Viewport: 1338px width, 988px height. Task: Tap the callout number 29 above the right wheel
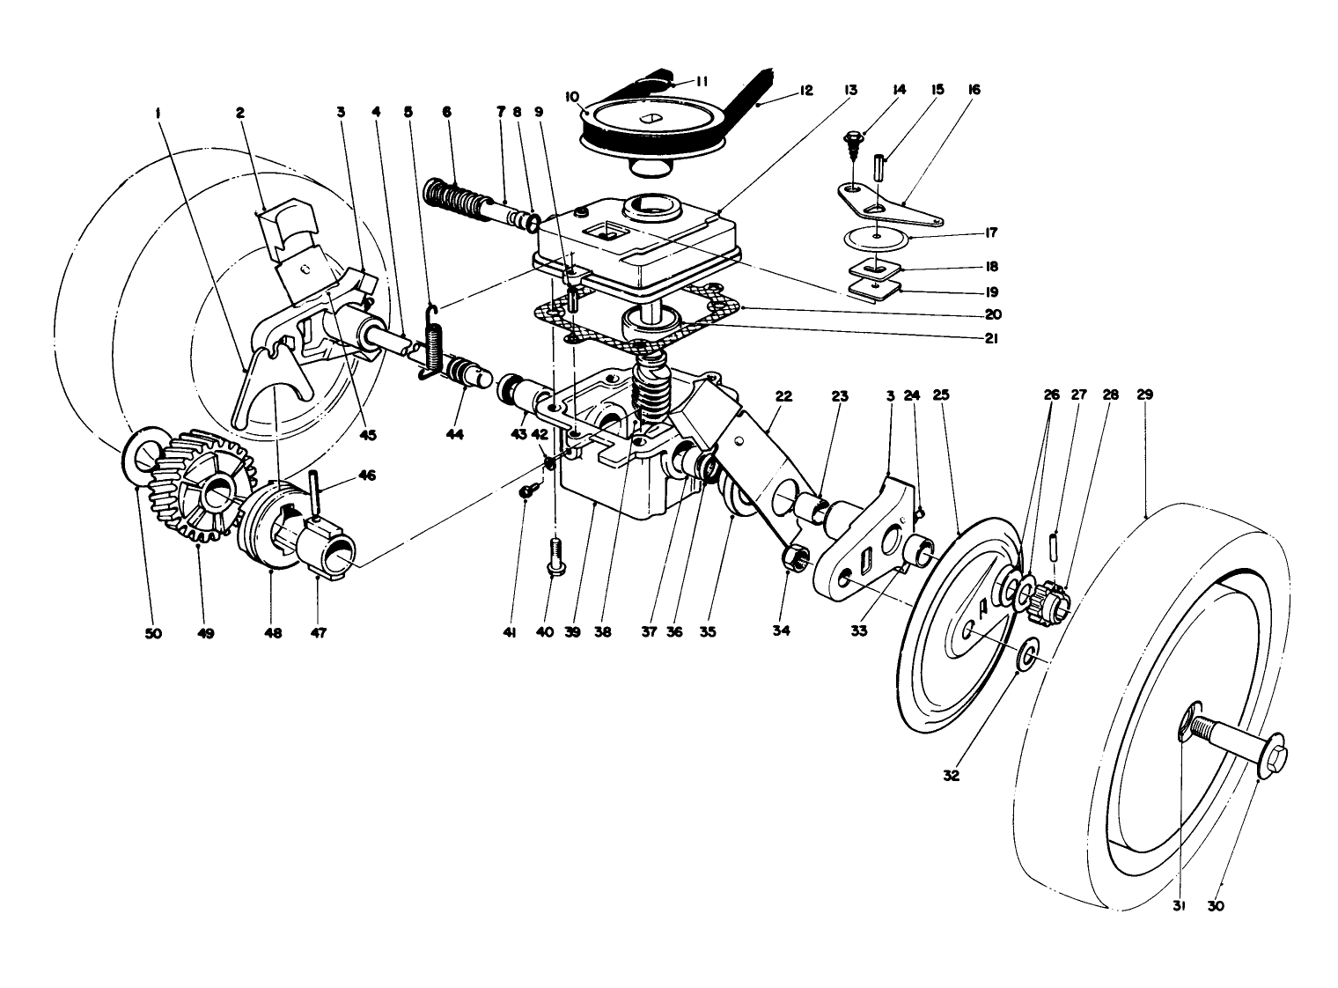tap(1144, 396)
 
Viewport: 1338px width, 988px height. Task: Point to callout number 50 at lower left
tap(154, 633)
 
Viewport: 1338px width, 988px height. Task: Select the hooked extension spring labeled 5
tap(433, 343)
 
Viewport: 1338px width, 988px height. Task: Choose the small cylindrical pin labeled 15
tap(878, 168)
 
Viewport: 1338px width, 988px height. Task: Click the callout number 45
tap(367, 434)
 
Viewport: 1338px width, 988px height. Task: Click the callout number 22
tap(783, 396)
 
